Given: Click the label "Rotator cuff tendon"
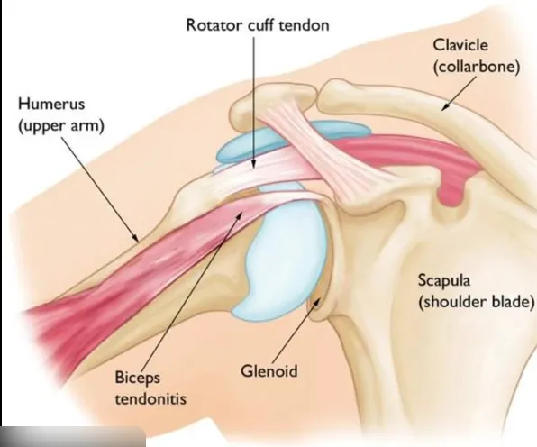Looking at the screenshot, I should tap(257, 24).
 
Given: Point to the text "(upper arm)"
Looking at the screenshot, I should tap(60, 125).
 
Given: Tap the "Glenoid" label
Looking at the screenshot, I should tap(269, 369).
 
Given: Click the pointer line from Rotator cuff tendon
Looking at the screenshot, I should tap(255, 99).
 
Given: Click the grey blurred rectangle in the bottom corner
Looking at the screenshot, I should tap(72, 439).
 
